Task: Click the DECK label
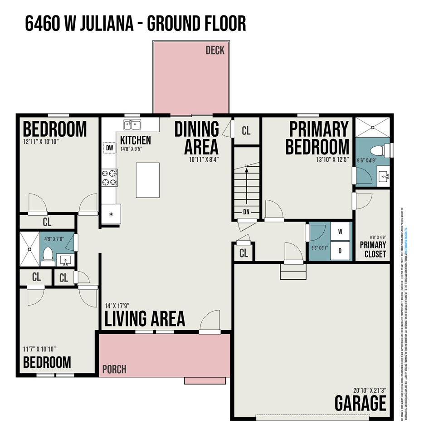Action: [215, 50]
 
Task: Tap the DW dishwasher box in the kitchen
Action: [109, 148]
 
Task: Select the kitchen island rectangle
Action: [147, 180]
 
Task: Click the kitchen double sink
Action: [132, 124]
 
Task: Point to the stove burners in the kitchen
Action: [109, 177]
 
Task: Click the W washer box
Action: [340, 231]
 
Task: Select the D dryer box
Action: [340, 250]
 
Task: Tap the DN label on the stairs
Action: [246, 212]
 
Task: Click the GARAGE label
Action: [361, 403]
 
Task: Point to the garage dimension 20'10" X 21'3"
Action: [370, 390]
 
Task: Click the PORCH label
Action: [114, 369]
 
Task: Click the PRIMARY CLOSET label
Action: [373, 249]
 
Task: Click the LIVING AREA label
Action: [145, 318]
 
